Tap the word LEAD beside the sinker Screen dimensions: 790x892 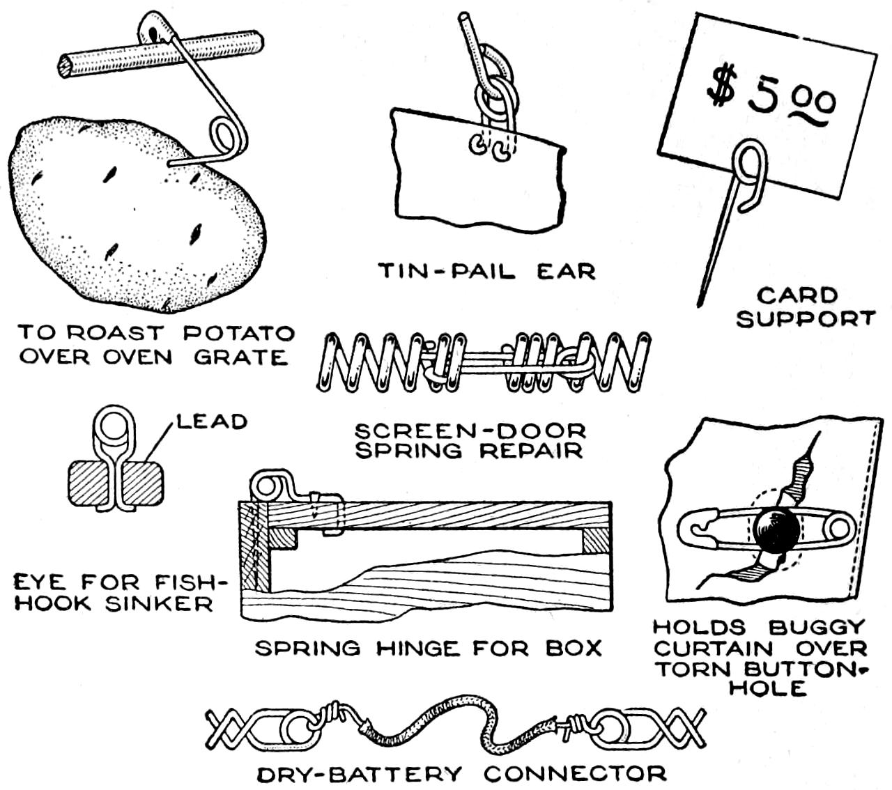point(211,421)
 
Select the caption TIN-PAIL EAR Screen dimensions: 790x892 point(487,270)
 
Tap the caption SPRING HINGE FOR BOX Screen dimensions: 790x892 point(428,649)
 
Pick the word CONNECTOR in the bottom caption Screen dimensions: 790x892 point(576,773)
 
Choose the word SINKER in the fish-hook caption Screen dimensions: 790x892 point(160,603)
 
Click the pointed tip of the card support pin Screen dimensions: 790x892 point(699,304)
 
